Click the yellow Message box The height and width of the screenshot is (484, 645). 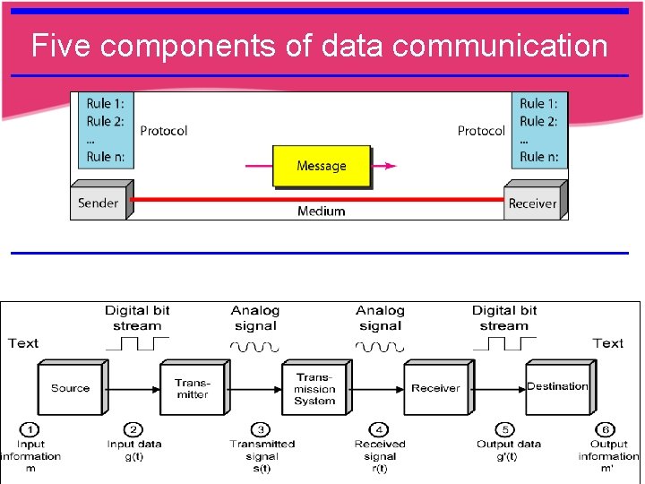[x=321, y=166]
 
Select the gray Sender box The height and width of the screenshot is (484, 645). [x=98, y=203]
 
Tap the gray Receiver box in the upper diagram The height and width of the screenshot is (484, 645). [x=532, y=203]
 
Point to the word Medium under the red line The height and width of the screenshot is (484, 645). [x=321, y=212]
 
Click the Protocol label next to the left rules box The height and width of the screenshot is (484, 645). [x=163, y=131]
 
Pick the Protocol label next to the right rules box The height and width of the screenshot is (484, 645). [x=481, y=131]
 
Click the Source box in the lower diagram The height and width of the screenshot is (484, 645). [x=70, y=388]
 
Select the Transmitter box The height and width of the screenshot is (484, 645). [x=192, y=388]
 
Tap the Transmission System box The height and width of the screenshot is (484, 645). [x=314, y=389]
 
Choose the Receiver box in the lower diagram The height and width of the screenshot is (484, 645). [x=435, y=388]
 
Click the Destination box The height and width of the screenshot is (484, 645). [x=557, y=387]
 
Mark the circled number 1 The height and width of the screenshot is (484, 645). [x=30, y=429]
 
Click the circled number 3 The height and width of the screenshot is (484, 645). [x=262, y=429]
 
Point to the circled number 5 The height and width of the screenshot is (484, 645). [x=507, y=429]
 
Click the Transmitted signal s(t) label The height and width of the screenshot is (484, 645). [x=262, y=455]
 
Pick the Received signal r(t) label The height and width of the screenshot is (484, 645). [x=380, y=455]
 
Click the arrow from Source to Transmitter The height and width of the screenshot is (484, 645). [x=132, y=388]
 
